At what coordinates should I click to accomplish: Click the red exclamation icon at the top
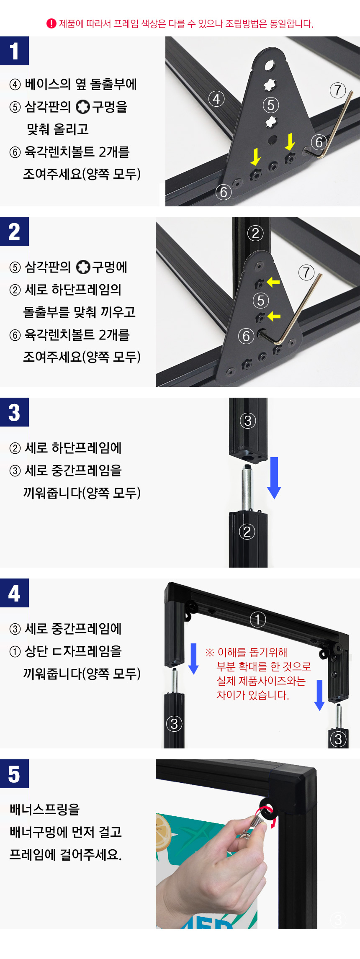pyautogui.click(x=51, y=23)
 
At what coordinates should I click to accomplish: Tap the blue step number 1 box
pyautogui.click(x=14, y=51)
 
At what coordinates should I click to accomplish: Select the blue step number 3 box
pyautogui.click(x=14, y=412)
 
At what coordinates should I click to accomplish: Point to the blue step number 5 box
pyautogui.click(x=14, y=774)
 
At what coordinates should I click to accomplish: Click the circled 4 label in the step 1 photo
pyautogui.click(x=216, y=99)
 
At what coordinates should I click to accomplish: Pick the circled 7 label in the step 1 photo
pyautogui.click(x=338, y=90)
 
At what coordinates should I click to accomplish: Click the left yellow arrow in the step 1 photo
pyautogui.click(x=255, y=157)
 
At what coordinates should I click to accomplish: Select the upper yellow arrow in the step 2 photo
pyautogui.click(x=273, y=282)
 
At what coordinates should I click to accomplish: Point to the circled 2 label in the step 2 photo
pyautogui.click(x=255, y=233)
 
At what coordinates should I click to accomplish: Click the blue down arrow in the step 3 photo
pyautogui.click(x=274, y=478)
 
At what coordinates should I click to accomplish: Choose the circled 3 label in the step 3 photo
pyautogui.click(x=247, y=420)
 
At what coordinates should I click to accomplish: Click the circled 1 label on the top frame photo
pyautogui.click(x=258, y=619)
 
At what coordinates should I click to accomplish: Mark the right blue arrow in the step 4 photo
pyautogui.click(x=319, y=695)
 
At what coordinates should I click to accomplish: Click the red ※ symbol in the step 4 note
pyautogui.click(x=210, y=652)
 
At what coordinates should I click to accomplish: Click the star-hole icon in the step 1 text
pyautogui.click(x=83, y=107)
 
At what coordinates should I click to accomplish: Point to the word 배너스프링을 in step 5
pyautogui.click(x=45, y=809)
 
